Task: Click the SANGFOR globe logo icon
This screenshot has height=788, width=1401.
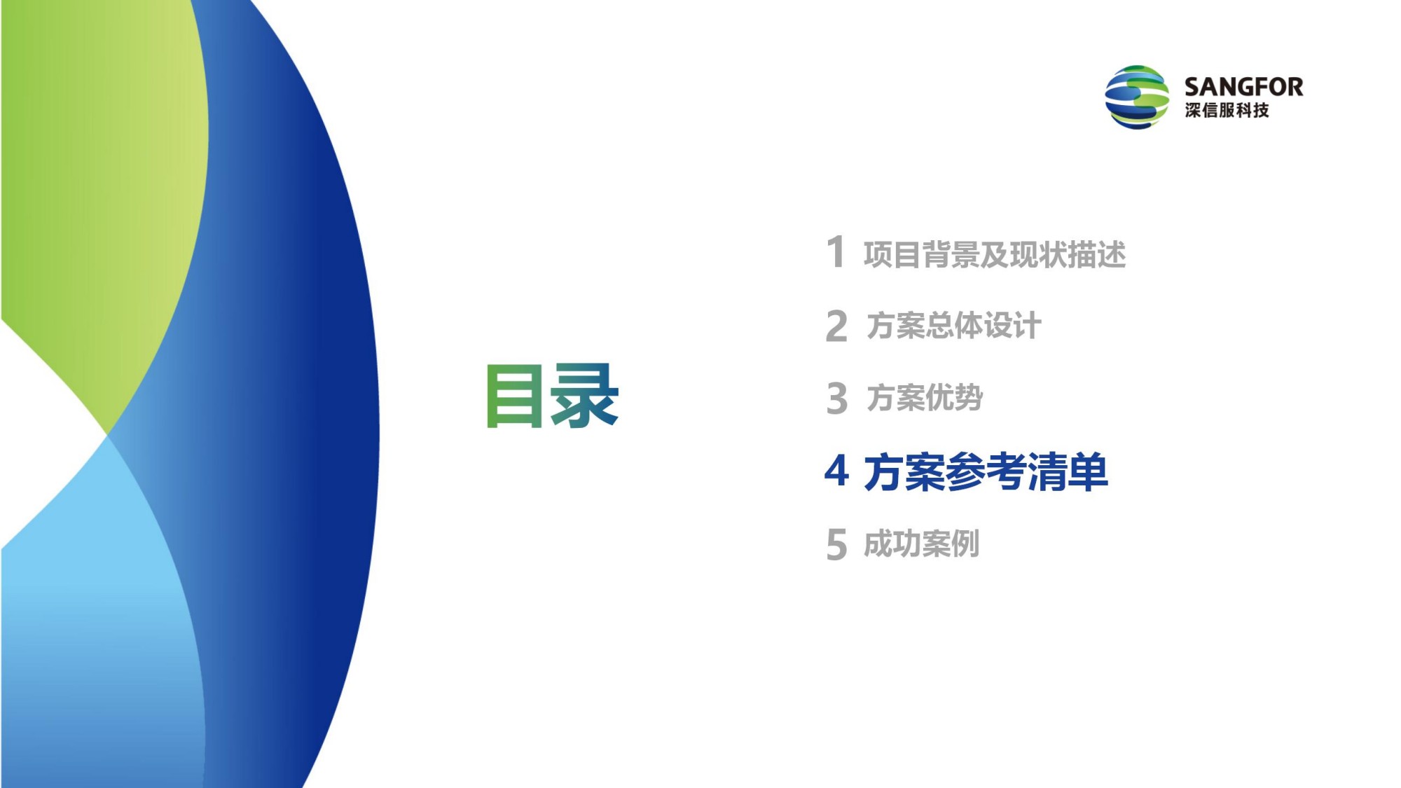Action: coord(1136,97)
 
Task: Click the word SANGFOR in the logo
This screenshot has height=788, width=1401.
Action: coord(1243,87)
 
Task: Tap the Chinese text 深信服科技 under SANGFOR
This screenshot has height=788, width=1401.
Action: coord(1227,110)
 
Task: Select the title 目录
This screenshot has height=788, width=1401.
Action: coord(553,396)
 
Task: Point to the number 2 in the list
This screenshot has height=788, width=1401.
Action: coord(836,326)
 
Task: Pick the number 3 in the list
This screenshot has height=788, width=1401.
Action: coord(836,399)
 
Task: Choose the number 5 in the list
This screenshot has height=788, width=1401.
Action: coord(836,544)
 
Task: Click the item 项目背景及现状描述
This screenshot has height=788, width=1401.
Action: coord(995,254)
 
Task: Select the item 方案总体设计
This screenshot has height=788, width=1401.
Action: coord(953,326)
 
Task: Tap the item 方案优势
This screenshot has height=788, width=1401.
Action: coord(925,397)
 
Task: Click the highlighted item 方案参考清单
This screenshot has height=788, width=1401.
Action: coord(986,471)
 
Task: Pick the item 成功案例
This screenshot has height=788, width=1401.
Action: coord(921,544)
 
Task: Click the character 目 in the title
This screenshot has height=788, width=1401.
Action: coord(515,396)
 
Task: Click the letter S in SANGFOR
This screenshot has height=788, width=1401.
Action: coord(1192,87)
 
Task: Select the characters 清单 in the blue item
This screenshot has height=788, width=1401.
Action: coord(1068,471)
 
